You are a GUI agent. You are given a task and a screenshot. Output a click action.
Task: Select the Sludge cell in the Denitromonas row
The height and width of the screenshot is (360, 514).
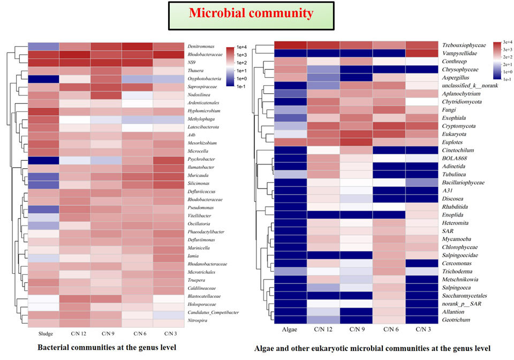(x=43, y=47)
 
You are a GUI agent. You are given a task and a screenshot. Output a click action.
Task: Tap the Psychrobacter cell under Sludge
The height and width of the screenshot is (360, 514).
(x=43, y=160)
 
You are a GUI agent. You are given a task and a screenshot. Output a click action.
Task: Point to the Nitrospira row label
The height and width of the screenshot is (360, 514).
(x=200, y=320)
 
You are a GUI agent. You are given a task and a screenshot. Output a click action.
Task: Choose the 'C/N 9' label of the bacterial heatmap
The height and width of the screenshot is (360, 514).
(x=106, y=334)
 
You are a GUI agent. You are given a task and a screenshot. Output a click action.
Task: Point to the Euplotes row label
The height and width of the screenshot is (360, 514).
(x=454, y=142)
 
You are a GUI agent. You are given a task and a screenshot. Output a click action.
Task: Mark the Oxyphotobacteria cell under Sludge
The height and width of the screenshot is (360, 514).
(x=43, y=79)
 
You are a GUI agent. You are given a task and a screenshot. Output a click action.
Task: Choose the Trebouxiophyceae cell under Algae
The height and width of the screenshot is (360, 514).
(x=290, y=44)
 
